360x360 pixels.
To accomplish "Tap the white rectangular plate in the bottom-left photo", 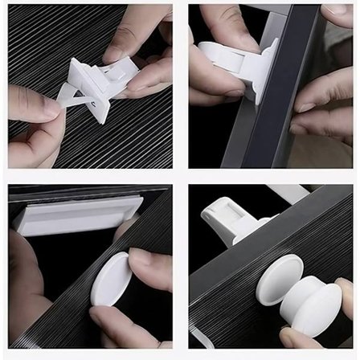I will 76,217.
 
